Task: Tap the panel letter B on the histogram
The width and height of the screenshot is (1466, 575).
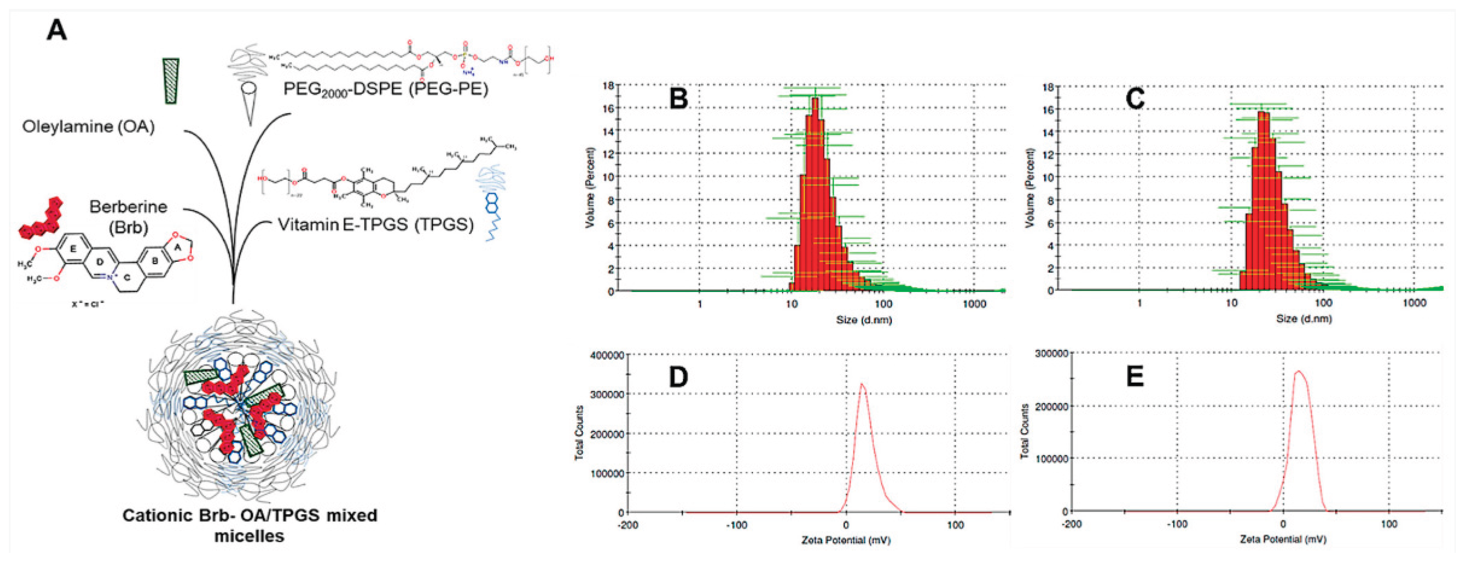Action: point(678,98)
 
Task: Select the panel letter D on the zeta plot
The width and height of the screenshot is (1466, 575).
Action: point(678,377)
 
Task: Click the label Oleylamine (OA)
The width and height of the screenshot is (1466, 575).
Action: point(88,126)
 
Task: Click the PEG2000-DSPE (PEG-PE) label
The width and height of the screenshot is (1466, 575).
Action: point(385,89)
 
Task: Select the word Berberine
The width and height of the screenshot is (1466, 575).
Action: point(128,207)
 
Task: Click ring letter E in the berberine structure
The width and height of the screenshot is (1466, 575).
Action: point(72,249)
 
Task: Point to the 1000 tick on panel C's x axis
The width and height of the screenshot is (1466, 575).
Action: point(1414,303)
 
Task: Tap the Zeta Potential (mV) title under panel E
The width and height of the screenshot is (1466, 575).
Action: point(1283,539)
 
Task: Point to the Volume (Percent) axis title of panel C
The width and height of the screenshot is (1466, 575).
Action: point(1029,188)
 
